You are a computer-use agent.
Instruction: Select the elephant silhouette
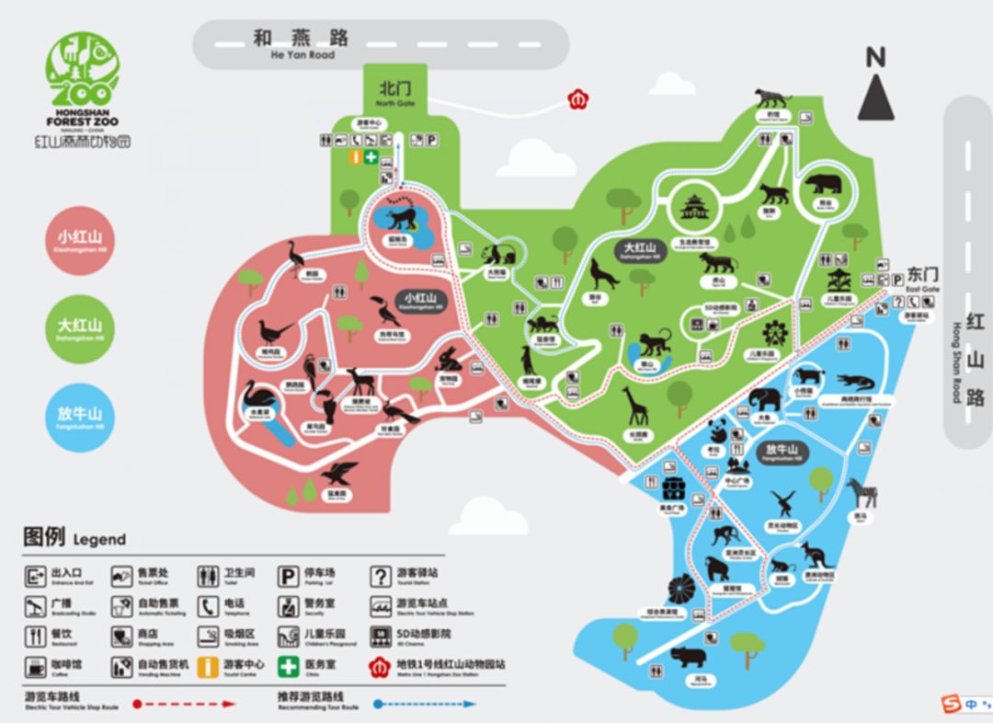click(764, 399)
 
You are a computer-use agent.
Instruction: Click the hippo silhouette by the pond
click(688, 657)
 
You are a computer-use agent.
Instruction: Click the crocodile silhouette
click(856, 381)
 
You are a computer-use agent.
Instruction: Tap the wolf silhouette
click(603, 275)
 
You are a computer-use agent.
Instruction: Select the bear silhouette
click(824, 184)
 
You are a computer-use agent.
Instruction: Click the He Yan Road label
click(302, 44)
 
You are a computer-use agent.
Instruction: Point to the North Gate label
click(395, 92)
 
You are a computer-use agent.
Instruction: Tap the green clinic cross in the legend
click(289, 665)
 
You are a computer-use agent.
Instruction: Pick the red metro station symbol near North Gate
click(578, 97)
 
